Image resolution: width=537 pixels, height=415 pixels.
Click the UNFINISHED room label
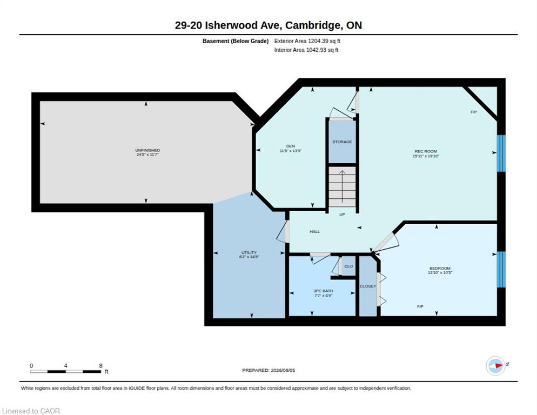(x=147, y=150)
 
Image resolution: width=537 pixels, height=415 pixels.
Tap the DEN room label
(x=291, y=146)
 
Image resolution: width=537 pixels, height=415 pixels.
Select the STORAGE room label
(x=342, y=142)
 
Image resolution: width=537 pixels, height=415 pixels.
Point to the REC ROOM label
(x=426, y=151)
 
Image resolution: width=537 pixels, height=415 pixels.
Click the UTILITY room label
(x=249, y=252)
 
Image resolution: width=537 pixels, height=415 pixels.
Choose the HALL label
(x=315, y=232)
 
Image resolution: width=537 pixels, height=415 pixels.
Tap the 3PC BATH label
(x=323, y=291)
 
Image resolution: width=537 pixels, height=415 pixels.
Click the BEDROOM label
(x=440, y=269)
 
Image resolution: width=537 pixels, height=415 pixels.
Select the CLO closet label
(x=348, y=266)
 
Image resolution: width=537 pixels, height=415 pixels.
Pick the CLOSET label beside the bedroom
(x=368, y=286)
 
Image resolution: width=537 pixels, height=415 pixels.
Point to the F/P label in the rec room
(x=474, y=112)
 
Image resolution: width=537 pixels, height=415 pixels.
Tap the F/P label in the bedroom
(x=420, y=306)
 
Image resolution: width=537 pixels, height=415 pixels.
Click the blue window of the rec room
(x=501, y=153)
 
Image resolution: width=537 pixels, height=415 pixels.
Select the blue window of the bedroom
(x=501, y=270)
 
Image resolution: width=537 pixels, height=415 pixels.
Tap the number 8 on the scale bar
(x=100, y=366)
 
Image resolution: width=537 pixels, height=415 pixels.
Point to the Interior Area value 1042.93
(x=316, y=50)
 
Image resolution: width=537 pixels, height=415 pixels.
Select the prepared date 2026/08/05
(x=283, y=371)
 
